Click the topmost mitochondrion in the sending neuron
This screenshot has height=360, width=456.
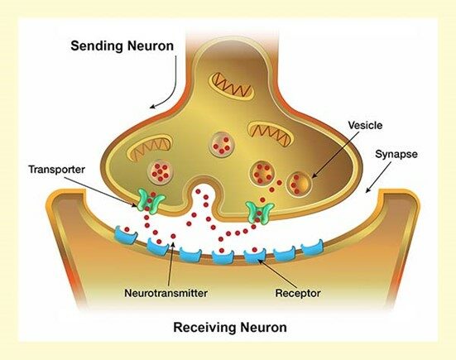231,82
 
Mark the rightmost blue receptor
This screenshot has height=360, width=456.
311,247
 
